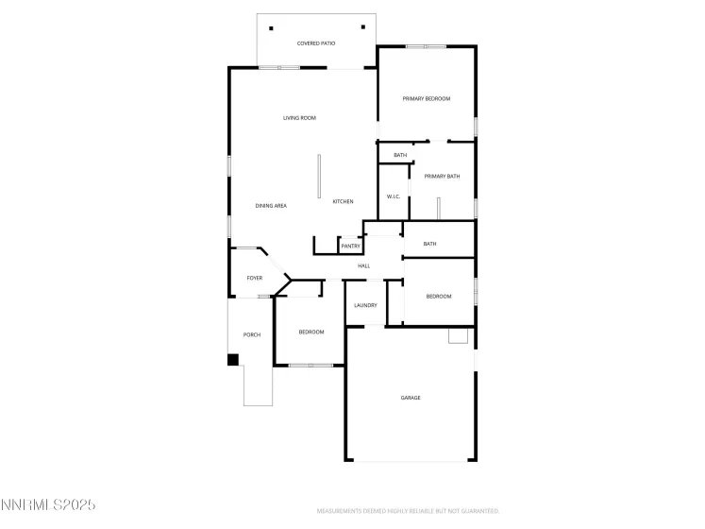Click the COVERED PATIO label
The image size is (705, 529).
click(x=316, y=43)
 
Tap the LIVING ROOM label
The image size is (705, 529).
click(x=299, y=118)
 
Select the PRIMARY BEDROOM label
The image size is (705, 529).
click(x=426, y=99)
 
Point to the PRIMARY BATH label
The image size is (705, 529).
click(x=441, y=177)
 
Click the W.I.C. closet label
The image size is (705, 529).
click(x=394, y=196)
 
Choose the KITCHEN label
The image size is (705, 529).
click(x=343, y=202)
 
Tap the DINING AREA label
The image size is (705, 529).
click(x=271, y=206)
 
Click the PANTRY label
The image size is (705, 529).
click(x=350, y=247)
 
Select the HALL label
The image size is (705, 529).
click(x=363, y=266)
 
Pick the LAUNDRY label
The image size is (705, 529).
click(x=365, y=305)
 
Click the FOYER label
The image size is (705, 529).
click(x=255, y=279)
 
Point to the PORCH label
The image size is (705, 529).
click(x=252, y=335)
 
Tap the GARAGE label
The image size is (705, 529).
click(x=411, y=398)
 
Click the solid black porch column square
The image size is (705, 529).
click(x=232, y=359)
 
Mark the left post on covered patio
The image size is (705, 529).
click(x=271, y=27)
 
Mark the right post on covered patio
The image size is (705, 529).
click(x=362, y=27)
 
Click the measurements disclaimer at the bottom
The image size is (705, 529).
click(x=408, y=510)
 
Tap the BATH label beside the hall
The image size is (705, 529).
click(x=429, y=245)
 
